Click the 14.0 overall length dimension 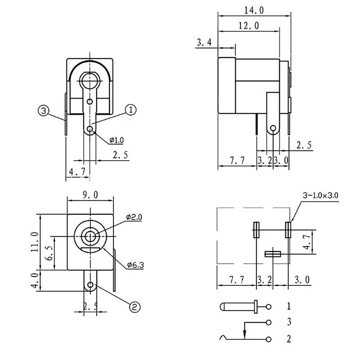254,9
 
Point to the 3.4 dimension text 204,43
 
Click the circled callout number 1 130,110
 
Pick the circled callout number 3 43,111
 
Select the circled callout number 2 135,307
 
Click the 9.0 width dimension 90,195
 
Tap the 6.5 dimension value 50,254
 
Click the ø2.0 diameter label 134,217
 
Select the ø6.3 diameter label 135,265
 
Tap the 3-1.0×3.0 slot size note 320,196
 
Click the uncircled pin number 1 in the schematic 288,307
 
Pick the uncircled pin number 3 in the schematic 288,322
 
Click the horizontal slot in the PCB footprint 272,254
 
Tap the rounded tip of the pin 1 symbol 222,307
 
